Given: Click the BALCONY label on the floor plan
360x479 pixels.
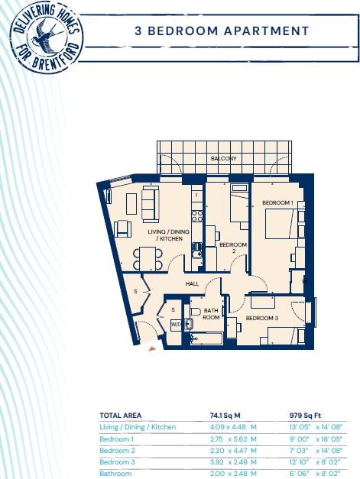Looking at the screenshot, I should click(x=224, y=159).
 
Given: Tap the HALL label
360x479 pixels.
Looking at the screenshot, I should click(x=193, y=284).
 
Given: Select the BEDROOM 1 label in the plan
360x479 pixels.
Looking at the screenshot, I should click(x=277, y=202).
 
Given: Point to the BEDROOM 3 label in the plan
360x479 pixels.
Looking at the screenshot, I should click(x=262, y=317).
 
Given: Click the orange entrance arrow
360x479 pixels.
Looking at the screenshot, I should click(x=151, y=348).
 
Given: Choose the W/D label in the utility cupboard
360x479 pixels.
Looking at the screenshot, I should click(x=176, y=324).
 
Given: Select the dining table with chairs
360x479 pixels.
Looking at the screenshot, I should click(x=148, y=257).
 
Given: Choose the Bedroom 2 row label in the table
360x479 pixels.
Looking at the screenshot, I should click(x=117, y=451).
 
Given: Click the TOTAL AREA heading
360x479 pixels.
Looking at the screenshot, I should click(x=120, y=416).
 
